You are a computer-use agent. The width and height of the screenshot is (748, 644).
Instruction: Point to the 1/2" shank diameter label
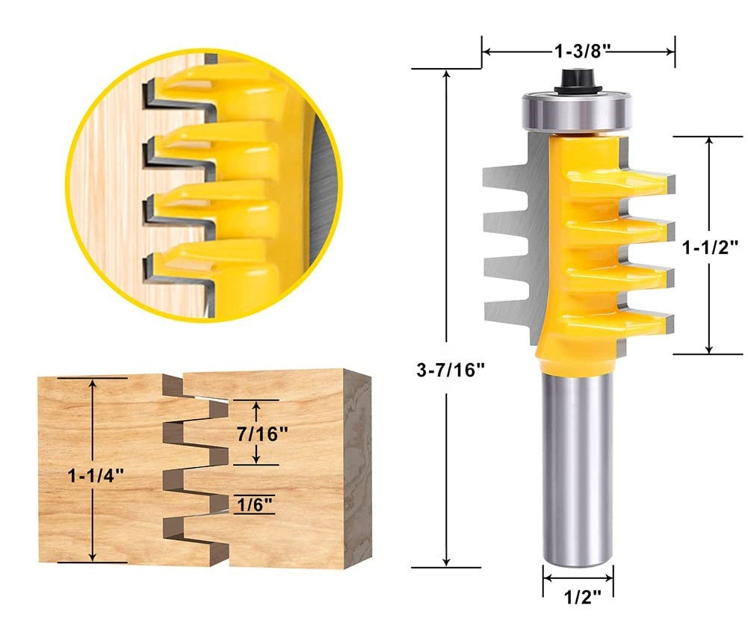(x=578, y=598)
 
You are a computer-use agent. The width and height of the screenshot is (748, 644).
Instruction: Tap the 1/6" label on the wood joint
(x=253, y=504)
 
